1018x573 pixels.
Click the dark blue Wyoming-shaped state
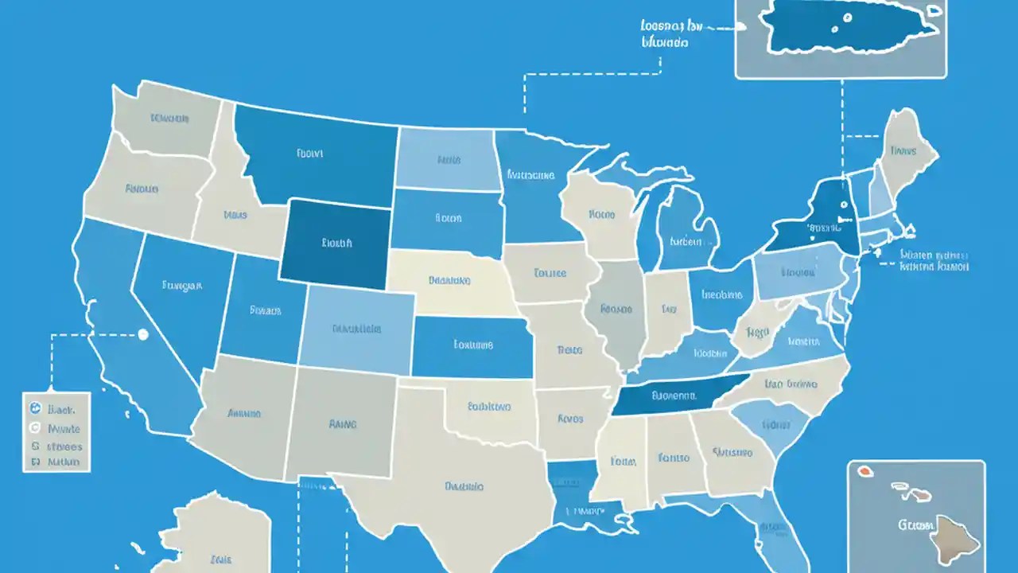[x=336, y=243]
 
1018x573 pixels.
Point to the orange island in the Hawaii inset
[x=863, y=471]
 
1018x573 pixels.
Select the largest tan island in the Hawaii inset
[x=954, y=538]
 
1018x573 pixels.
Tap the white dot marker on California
[x=143, y=335]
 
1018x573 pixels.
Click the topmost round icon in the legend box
[x=35, y=408]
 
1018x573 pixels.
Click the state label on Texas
[x=465, y=485]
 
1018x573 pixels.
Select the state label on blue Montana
[x=309, y=154]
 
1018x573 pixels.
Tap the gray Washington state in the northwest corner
[x=167, y=119]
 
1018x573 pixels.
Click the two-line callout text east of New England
[x=934, y=261]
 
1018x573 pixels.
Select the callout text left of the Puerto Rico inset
[x=664, y=33]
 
